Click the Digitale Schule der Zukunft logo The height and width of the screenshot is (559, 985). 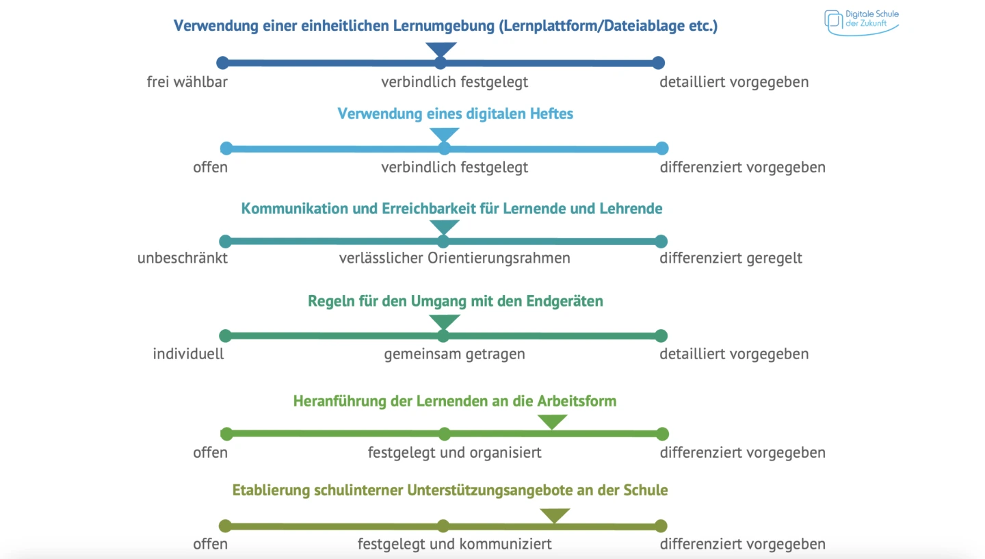click(861, 21)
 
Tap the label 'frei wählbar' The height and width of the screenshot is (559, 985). click(187, 82)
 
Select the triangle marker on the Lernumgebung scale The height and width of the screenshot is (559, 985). click(441, 50)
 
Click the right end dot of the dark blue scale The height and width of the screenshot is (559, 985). click(658, 63)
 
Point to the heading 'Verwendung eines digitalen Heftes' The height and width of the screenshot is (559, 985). click(455, 114)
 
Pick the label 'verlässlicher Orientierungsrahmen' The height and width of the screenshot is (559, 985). click(454, 258)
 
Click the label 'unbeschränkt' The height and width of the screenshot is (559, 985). click(182, 258)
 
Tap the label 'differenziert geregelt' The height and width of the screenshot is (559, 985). click(731, 258)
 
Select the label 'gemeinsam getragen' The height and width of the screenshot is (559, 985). click(454, 354)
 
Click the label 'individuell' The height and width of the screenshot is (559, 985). click(188, 354)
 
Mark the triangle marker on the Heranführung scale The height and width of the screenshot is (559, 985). click(552, 421)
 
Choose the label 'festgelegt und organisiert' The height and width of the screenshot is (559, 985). click(454, 452)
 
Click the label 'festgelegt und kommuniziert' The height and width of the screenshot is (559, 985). click(454, 544)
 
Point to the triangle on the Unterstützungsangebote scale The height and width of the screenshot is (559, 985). click(554, 515)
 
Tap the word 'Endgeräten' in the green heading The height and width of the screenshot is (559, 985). click(564, 301)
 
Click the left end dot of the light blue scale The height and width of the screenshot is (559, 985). click(226, 148)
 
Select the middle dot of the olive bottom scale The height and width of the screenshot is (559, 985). click(443, 526)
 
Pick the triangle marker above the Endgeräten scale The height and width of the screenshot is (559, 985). click(444, 321)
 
